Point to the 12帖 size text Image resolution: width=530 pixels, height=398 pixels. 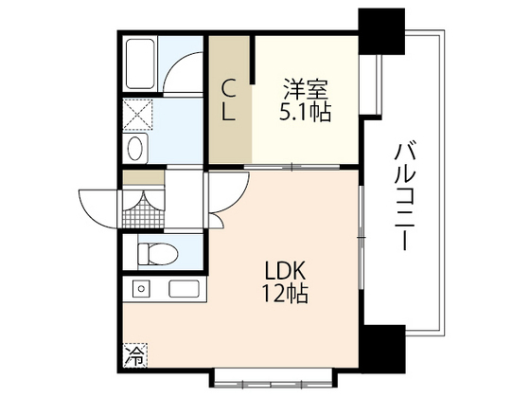(285, 294)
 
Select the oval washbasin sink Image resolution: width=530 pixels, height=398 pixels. (135, 148)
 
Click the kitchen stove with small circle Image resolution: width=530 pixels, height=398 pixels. (141, 288)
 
